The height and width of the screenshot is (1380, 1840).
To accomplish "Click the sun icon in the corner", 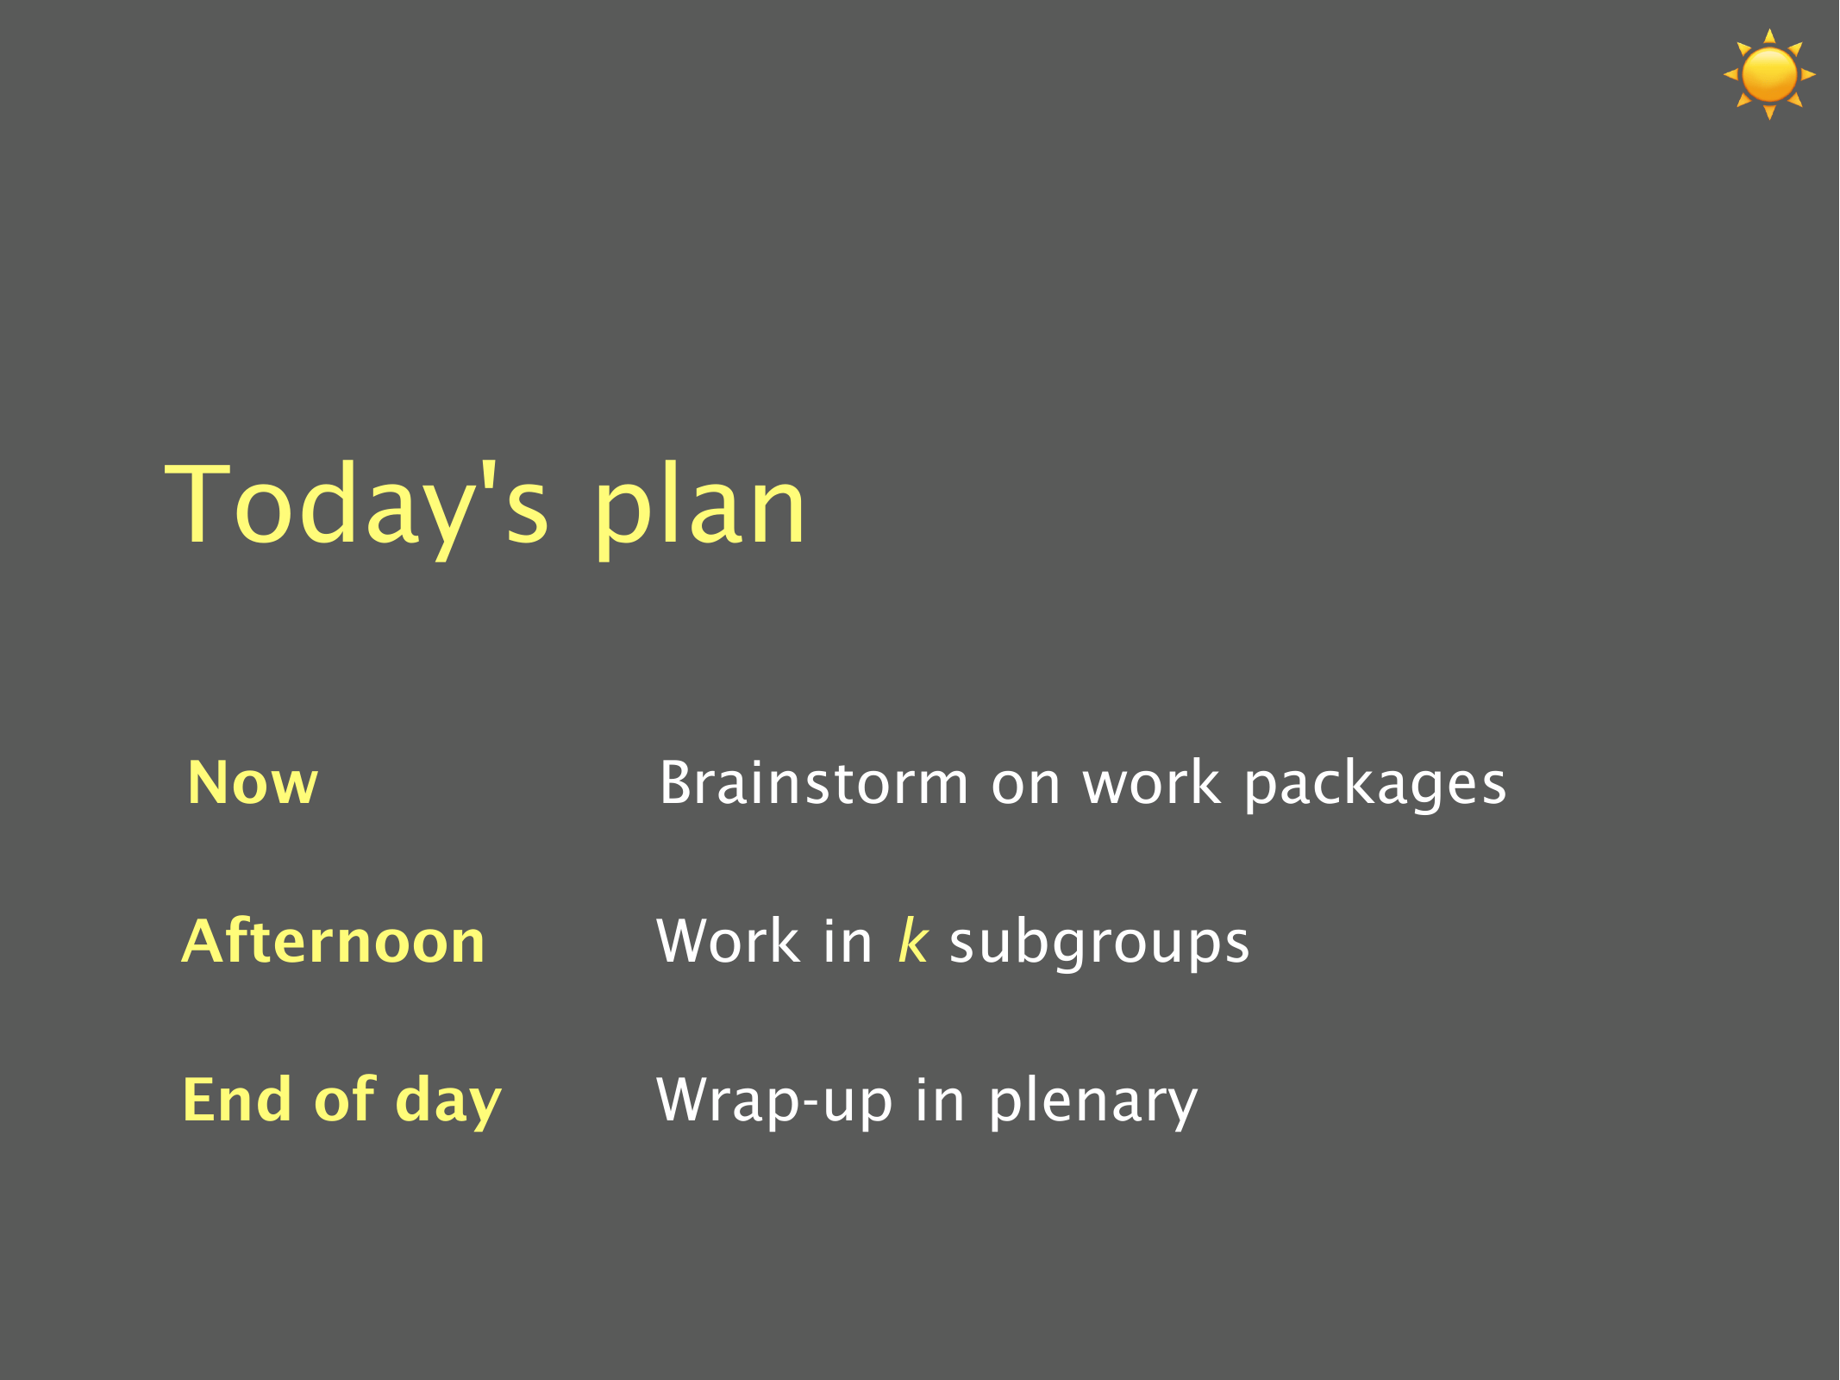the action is pos(1769,74).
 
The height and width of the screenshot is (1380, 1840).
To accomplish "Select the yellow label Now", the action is pos(253,783).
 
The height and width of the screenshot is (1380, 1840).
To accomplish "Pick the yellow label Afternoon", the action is pos(334,940).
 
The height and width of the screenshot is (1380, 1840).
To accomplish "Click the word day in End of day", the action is pos(447,1103).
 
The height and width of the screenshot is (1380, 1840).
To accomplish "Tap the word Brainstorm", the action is pos(815,783).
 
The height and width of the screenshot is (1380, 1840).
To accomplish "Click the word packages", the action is pos(1375,787).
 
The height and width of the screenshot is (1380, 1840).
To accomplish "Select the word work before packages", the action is pos(1152,783).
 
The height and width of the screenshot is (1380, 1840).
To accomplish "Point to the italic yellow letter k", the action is pos(913,940).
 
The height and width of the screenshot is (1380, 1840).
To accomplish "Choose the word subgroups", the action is pos(1099,944).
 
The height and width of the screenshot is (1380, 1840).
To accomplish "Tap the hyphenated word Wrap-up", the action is pos(774,1103).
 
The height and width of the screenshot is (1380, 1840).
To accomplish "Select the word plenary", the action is pos(1093,1103).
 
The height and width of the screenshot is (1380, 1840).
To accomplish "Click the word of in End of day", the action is pos(344,1100).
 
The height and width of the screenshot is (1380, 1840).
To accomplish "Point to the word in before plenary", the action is pos(940,1100).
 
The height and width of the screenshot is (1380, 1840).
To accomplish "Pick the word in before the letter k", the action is pos(848,940).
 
